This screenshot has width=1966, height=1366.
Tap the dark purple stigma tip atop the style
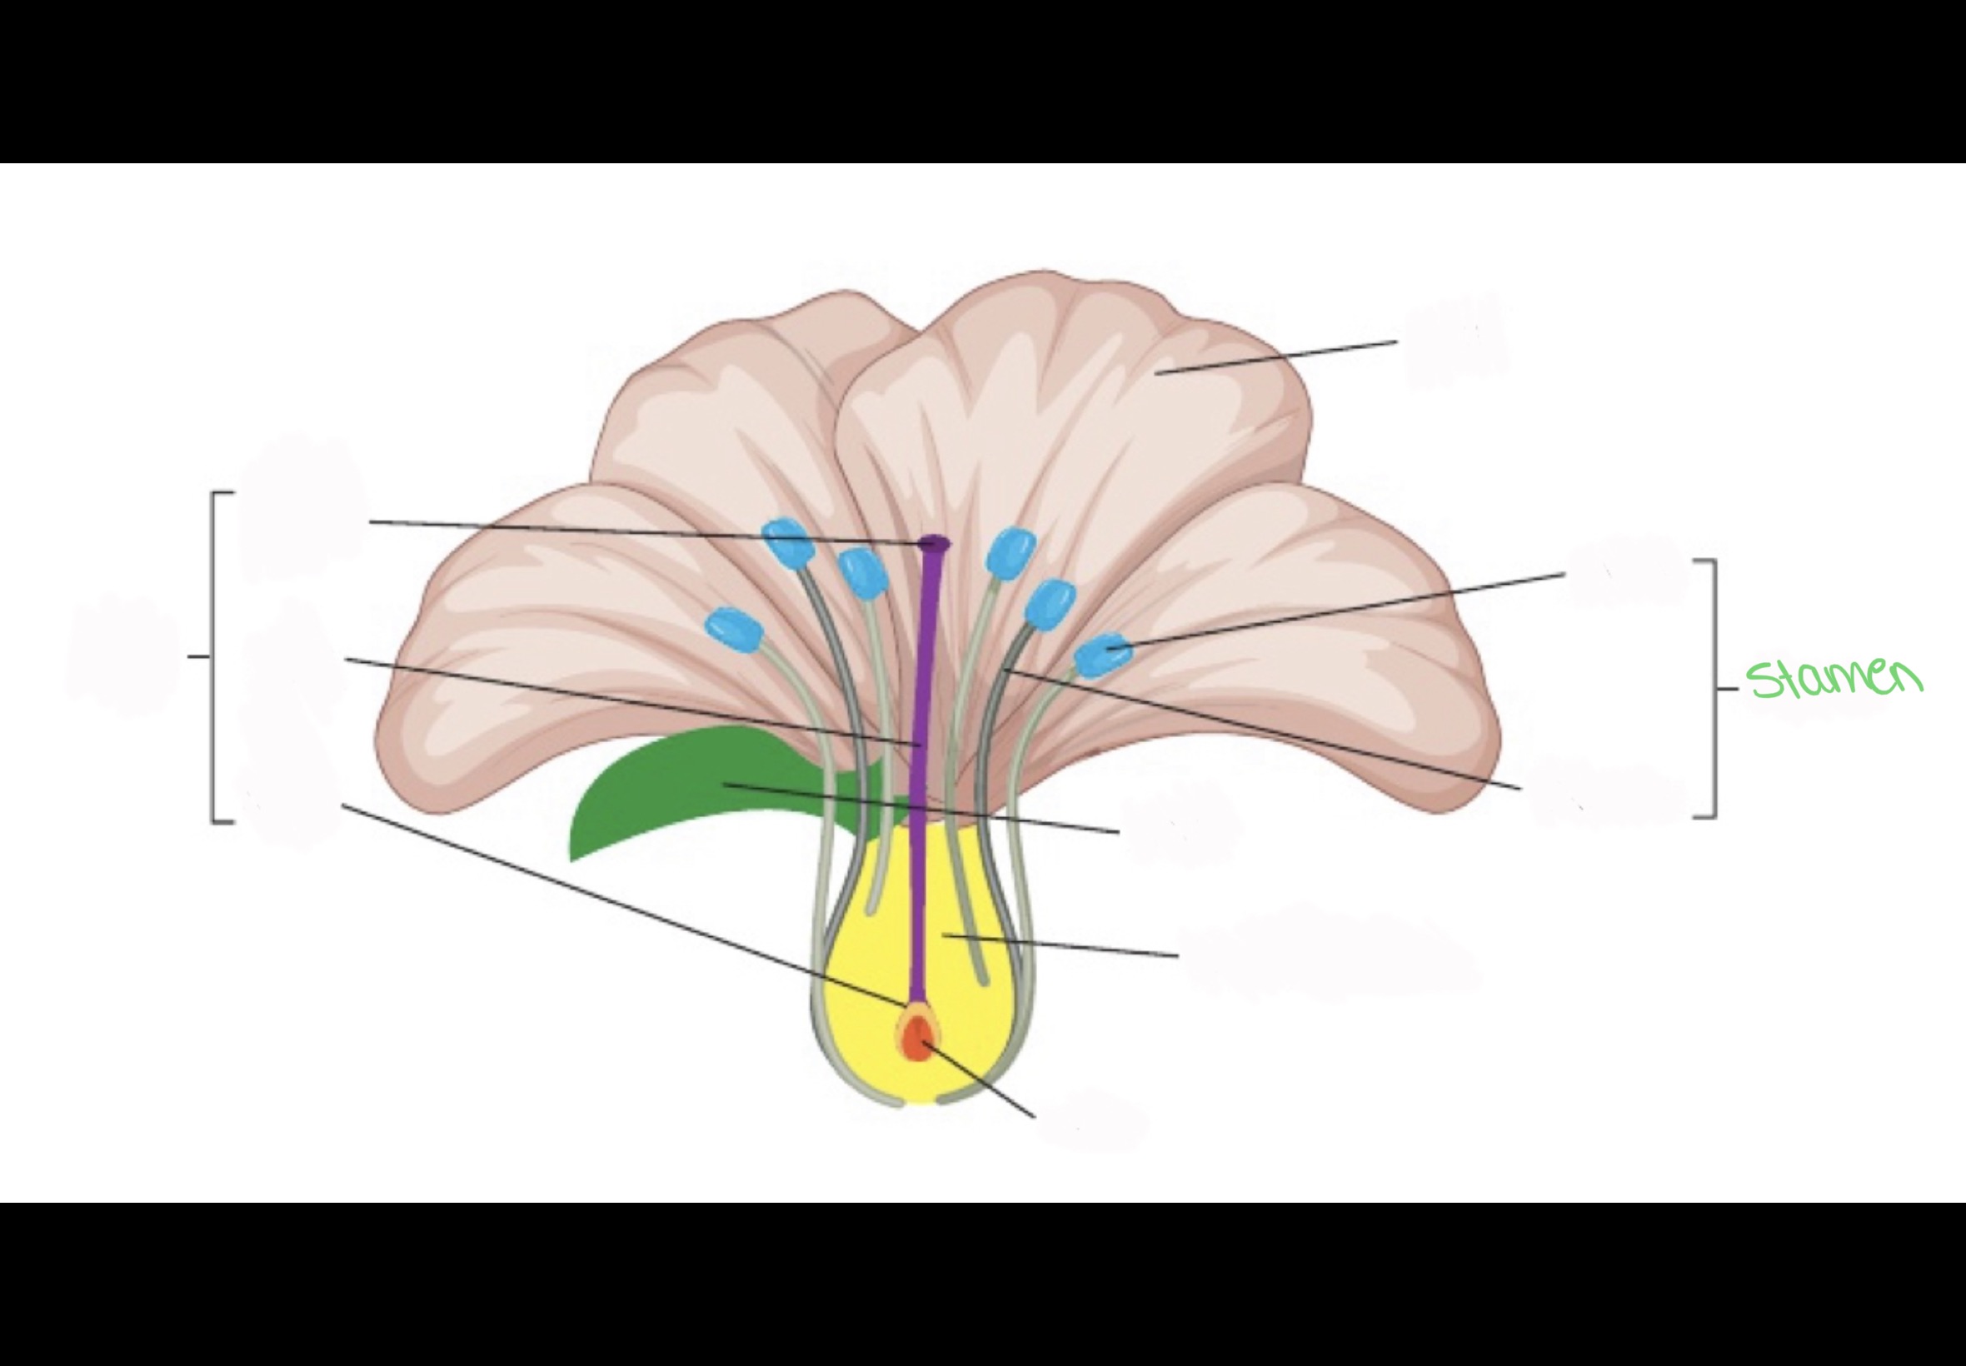934,542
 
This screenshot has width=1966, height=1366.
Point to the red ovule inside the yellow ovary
917,1039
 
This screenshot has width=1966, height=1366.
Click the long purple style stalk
923,727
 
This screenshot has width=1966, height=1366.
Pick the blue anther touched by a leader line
1102,655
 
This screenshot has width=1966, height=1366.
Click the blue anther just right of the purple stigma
1010,551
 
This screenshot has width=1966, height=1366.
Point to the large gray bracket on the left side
214,656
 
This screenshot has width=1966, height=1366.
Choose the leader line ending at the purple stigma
642,531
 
